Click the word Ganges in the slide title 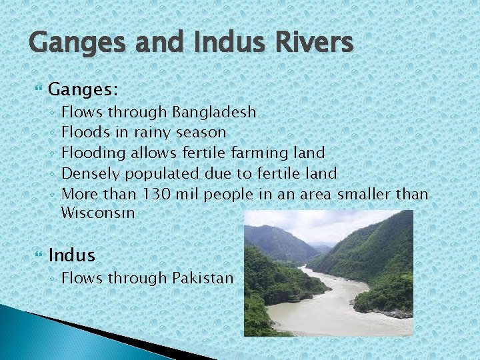(72, 43)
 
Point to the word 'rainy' (149, 133)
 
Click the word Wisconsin (97, 213)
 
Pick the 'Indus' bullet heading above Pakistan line (72, 255)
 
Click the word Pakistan (203, 277)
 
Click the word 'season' (203, 133)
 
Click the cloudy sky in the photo (333, 223)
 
